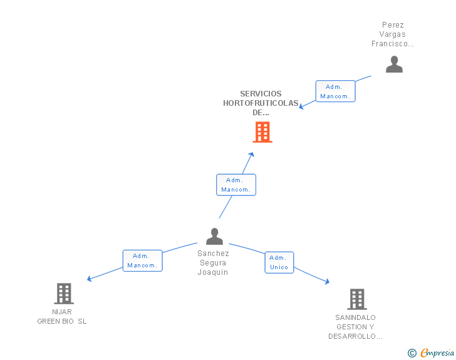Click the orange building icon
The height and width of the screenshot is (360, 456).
(262, 132)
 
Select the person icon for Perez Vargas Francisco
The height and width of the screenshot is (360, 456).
(394, 64)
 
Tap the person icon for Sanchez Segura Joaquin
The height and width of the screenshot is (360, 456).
(214, 237)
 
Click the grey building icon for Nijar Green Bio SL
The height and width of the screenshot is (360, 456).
(63, 293)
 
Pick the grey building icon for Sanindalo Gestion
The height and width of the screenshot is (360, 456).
(356, 299)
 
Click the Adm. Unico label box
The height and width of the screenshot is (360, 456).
(279, 262)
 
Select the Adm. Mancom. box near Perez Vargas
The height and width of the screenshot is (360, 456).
(335, 91)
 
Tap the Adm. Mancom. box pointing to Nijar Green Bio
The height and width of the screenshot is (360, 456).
(142, 260)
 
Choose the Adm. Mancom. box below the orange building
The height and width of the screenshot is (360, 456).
(236, 185)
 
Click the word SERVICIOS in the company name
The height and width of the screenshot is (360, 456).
(261, 94)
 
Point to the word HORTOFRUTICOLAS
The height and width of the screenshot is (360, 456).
(261, 103)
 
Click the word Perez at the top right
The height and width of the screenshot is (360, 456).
(393, 25)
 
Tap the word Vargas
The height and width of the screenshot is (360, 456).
(393, 34)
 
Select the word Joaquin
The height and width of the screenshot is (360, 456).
(213, 272)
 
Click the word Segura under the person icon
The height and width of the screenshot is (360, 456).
(213, 263)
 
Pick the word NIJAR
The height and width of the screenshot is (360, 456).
(62, 312)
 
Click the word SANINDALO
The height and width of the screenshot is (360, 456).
(355, 317)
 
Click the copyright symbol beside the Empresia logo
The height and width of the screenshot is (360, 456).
(412, 354)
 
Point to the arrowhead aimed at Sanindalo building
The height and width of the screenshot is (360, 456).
(326, 282)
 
